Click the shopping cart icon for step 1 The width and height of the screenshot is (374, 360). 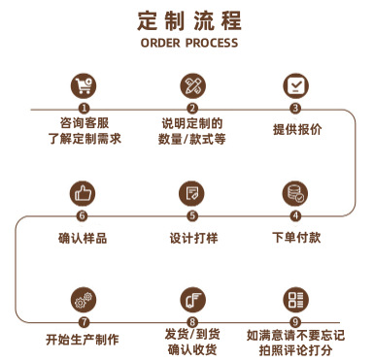pyautogui.click(x=84, y=84)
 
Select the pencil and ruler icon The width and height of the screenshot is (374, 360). pyautogui.click(x=192, y=84)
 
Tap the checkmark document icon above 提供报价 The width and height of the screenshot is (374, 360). pyautogui.click(x=295, y=84)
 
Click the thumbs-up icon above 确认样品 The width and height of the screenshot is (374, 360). pyautogui.click(x=83, y=191)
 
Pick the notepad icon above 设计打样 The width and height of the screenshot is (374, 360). pyautogui.click(x=192, y=191)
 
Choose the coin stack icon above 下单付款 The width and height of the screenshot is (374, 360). pyautogui.click(x=295, y=191)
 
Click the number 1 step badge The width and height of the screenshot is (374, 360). pyautogui.click(x=84, y=109)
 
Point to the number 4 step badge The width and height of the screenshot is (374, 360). pyautogui.click(x=295, y=215)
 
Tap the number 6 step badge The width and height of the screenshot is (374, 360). pyautogui.click(x=83, y=215)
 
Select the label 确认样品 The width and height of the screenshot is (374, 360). pyautogui.click(x=83, y=237)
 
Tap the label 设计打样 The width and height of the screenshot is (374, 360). pyautogui.click(x=192, y=237)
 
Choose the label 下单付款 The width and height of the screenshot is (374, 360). pyautogui.click(x=295, y=237)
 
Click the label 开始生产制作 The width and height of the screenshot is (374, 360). pyautogui.click(x=83, y=340)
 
